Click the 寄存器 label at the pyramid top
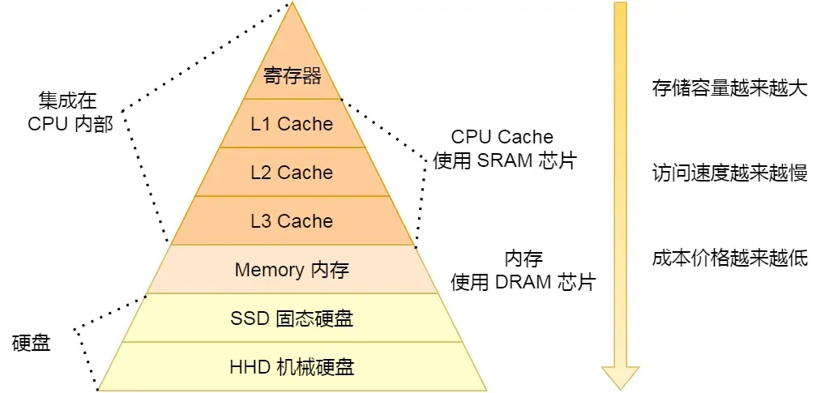[293, 76]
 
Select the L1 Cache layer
[293, 124]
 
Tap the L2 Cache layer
[293, 173]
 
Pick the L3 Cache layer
[293, 221]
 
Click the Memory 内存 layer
[292, 270]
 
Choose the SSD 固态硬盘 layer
[292, 318]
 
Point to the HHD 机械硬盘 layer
[292, 367]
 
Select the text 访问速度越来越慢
[729, 173]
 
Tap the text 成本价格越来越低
[729, 258]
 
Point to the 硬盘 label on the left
[32, 343]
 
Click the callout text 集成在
[68, 100]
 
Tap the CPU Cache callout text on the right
[502, 137]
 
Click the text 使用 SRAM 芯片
[504, 160]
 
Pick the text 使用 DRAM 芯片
[523, 282]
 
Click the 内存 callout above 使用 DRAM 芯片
[523, 258]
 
